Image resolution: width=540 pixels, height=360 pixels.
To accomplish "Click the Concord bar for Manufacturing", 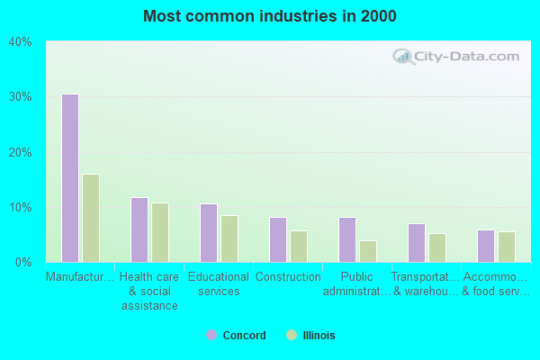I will pos(69,178).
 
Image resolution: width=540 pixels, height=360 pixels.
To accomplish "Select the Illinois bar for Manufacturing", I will pos(90,218).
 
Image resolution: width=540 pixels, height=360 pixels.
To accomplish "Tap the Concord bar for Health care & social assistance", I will pos(139,229).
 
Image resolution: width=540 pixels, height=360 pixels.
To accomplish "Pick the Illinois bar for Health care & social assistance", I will pos(159,232).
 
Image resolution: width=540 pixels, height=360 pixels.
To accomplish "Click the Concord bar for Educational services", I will pos(208,233).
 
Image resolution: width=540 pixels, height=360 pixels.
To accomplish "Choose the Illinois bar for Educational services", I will pos(229,238).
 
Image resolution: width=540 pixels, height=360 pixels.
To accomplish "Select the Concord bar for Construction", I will pos(277,239).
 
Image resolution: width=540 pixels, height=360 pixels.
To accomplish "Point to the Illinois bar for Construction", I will pos(298,247).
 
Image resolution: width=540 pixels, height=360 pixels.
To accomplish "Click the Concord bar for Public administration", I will pos(346,239).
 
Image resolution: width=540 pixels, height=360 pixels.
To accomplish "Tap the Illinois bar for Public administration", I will pos(367,251).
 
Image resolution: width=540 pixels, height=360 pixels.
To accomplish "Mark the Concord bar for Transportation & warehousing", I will pos(416,243).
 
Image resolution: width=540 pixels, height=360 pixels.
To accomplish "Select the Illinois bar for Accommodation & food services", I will pos(506,247).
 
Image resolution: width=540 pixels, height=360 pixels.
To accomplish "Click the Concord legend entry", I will pos(236,336).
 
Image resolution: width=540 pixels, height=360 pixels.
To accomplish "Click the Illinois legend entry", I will pos(310,336).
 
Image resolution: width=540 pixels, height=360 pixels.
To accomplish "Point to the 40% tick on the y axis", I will pos(21,41).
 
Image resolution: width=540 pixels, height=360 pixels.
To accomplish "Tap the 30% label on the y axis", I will pos(21,97).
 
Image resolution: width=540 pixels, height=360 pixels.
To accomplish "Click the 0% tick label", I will pos(23,263).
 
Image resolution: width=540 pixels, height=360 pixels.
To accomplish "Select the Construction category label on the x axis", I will pos(288,277).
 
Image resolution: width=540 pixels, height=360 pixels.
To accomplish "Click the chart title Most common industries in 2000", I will pos(269,16).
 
